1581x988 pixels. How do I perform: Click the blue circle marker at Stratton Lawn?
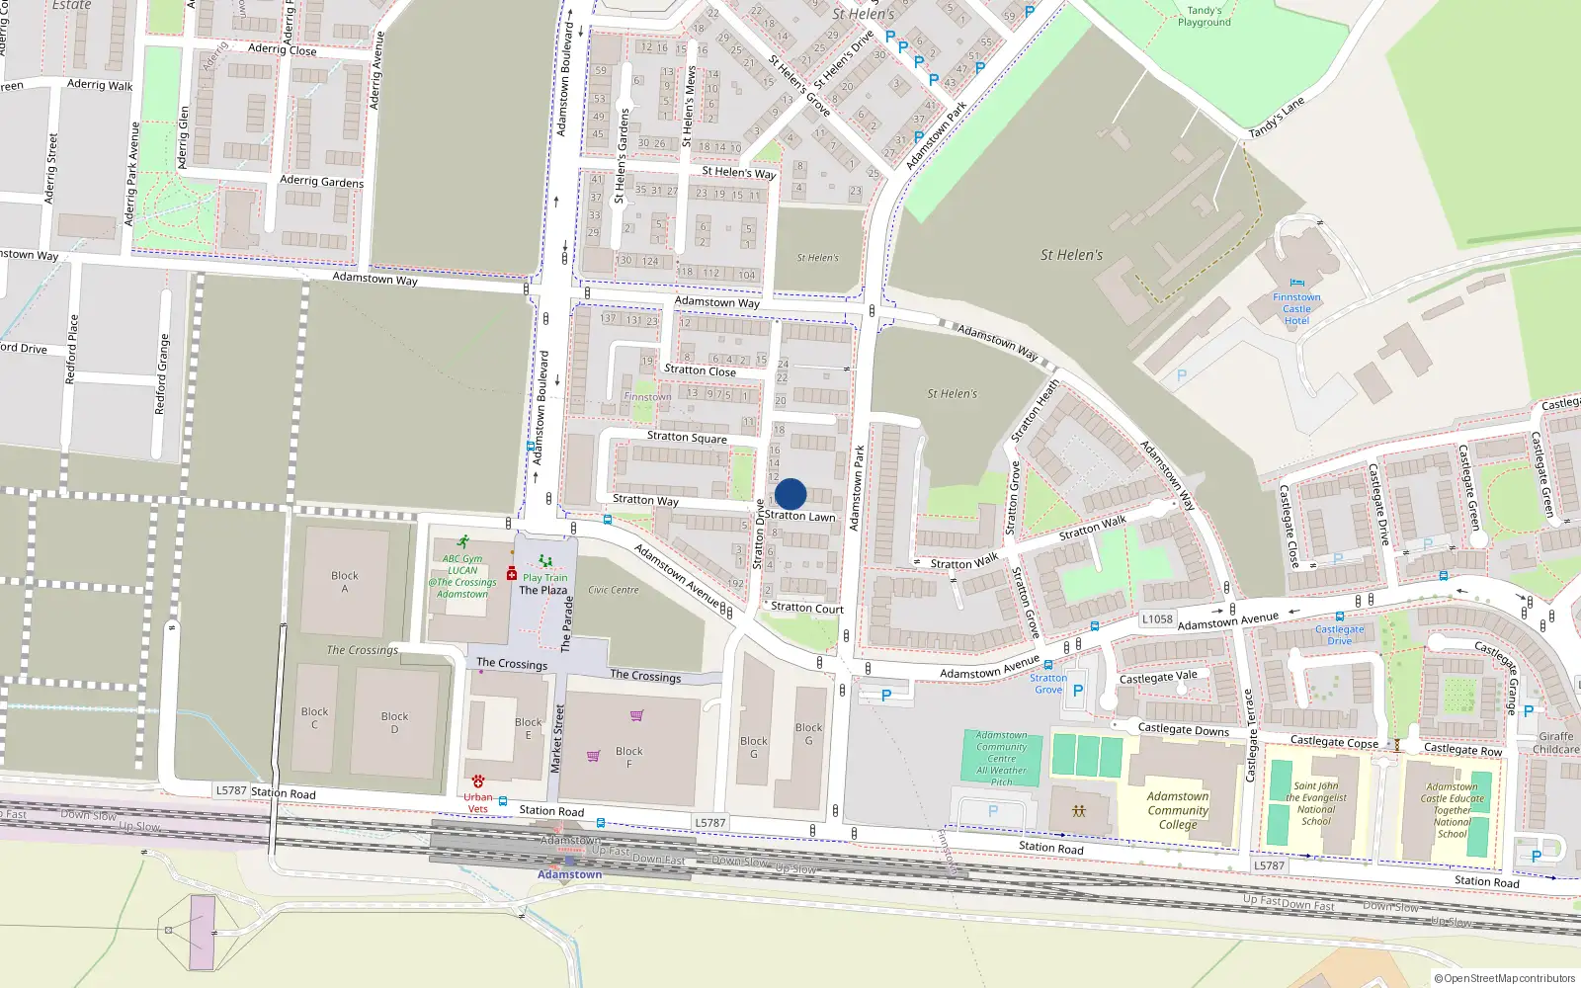[x=790, y=494]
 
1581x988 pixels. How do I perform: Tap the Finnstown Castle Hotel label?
[x=1296, y=309]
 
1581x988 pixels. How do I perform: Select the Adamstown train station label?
[x=569, y=874]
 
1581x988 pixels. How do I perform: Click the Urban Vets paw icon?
[x=478, y=781]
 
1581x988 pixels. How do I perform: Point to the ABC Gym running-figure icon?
[x=463, y=542]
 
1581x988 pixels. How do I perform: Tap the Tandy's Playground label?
[x=1204, y=17]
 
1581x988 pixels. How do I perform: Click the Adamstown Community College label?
[x=1178, y=810]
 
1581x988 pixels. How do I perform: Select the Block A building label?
[x=345, y=582]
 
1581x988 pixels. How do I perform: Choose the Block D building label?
[x=394, y=722]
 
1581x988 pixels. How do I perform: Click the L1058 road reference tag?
[x=1157, y=619]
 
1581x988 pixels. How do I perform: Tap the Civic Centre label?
[x=613, y=590]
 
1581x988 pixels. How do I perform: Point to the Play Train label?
[x=544, y=578]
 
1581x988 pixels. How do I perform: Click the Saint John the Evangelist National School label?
[x=1316, y=803]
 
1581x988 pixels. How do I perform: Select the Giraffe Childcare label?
[x=1556, y=743]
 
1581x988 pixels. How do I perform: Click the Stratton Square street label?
[x=687, y=437]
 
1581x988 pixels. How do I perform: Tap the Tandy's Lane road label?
[x=1277, y=118]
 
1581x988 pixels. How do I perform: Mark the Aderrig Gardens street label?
[x=321, y=181]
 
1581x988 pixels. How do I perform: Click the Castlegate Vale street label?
[x=1158, y=677]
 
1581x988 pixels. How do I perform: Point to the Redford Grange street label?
[x=162, y=373]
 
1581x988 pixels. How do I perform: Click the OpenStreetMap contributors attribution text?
[x=1504, y=978]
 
